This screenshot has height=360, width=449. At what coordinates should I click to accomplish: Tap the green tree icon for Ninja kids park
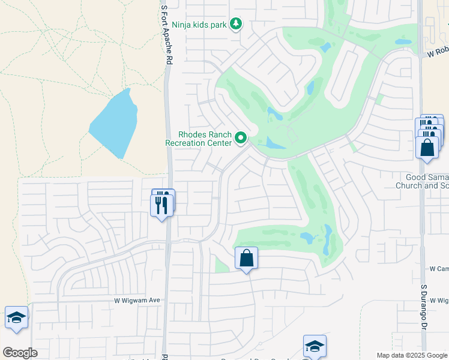tap(237, 24)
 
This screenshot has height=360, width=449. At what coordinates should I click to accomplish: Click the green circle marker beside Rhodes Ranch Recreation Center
tap(241, 139)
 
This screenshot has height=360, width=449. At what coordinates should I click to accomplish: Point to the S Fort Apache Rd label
tap(167, 35)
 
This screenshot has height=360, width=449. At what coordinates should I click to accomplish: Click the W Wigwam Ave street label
tap(137, 301)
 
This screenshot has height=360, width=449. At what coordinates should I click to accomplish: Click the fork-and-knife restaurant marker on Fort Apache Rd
tap(162, 205)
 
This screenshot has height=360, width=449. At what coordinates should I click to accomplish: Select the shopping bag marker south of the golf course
tap(246, 259)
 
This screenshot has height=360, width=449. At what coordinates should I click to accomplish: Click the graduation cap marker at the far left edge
tap(16, 318)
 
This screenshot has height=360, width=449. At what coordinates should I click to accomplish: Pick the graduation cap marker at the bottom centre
tap(315, 346)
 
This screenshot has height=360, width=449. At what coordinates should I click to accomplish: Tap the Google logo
tap(20, 353)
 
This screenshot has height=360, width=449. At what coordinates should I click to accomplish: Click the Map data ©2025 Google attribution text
tap(411, 355)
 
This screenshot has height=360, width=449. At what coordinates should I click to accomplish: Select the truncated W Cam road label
tap(439, 269)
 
